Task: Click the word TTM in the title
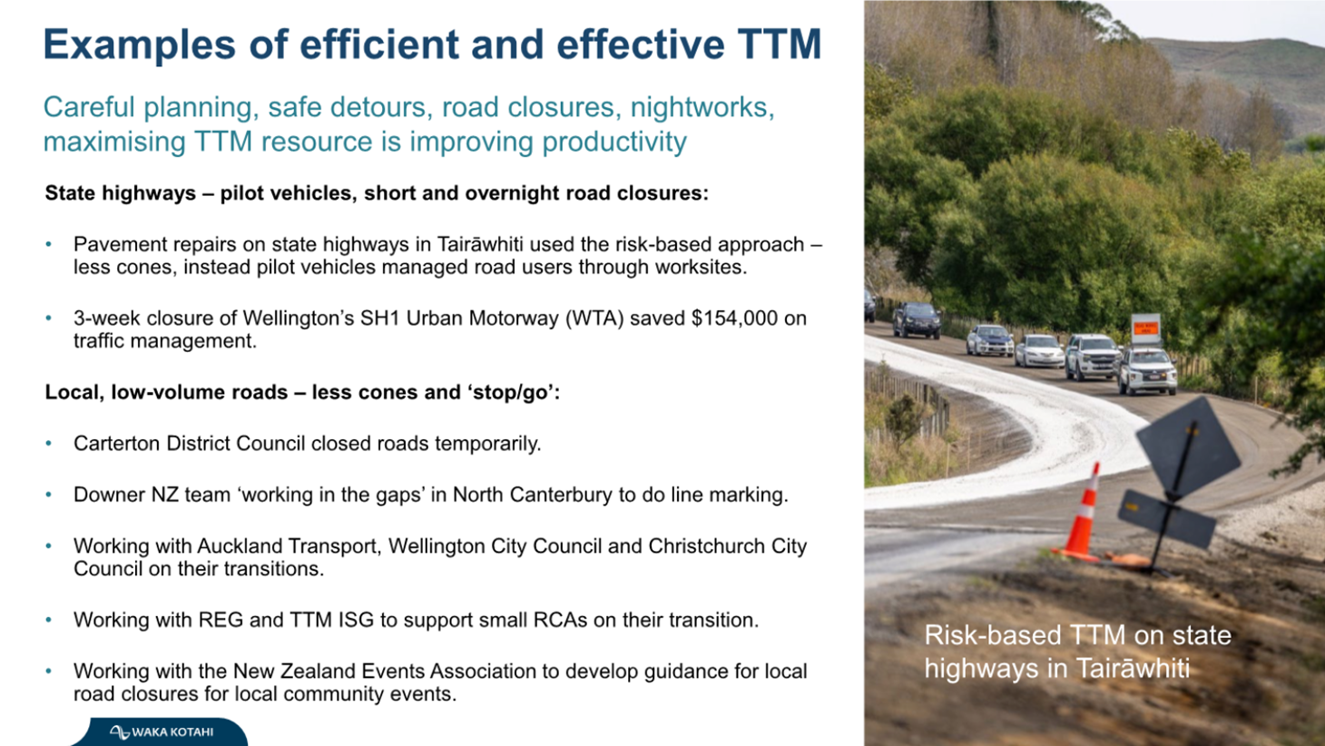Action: coord(780,44)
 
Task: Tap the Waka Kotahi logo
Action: coord(162,731)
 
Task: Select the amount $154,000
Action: coord(735,319)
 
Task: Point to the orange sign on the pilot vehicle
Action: coord(1146,329)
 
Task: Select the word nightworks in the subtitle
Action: coord(699,107)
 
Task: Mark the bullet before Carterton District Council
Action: coord(49,444)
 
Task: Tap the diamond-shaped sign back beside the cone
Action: coord(1188,447)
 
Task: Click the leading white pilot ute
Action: coord(1147,371)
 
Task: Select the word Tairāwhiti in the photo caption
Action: coord(1133,669)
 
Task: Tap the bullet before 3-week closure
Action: coord(49,319)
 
